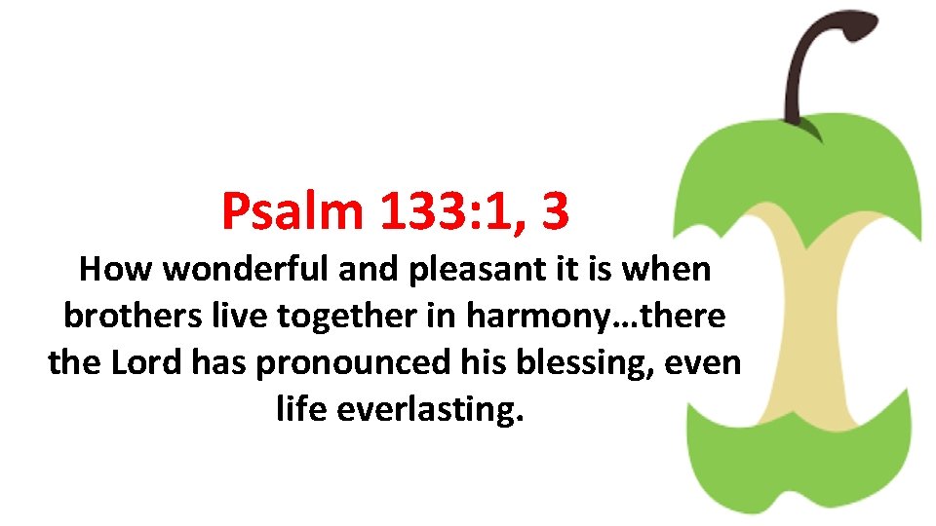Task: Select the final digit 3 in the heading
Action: (554, 210)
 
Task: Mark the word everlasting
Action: (430, 410)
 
